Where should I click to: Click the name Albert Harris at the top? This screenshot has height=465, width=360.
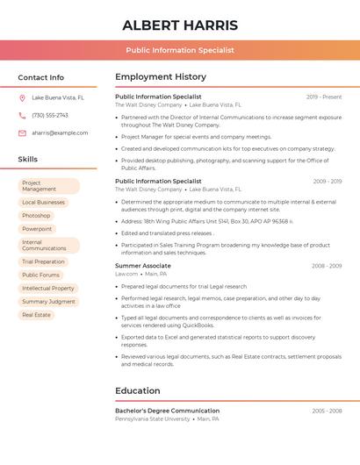pos(180,25)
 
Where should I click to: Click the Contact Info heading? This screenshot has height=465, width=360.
pos(40,77)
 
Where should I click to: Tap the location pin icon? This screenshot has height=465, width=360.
pos(22,98)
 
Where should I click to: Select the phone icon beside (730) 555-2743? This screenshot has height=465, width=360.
pos(22,115)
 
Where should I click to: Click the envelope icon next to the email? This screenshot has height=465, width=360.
pos(22,133)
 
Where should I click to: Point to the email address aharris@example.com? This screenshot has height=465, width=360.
pos(60,133)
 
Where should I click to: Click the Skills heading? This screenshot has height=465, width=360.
pos(28,160)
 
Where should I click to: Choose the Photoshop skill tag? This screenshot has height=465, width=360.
pos(36,215)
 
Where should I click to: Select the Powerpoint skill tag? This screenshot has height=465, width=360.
pos(37,229)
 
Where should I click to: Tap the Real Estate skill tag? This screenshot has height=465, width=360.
pos(36,315)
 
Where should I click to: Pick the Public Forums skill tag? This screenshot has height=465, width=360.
pos(40,275)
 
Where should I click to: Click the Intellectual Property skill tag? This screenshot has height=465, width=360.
pos(47,288)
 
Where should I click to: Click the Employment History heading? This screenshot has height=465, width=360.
pos(161,77)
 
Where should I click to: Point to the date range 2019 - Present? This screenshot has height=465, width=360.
pos(324,97)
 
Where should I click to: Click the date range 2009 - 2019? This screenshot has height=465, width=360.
pos(328,182)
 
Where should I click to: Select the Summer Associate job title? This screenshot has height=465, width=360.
pos(143,266)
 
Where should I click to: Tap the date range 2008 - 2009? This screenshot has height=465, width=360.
pos(327,266)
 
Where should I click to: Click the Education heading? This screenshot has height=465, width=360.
pos(138,390)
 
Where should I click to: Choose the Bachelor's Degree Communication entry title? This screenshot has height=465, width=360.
pos(167,411)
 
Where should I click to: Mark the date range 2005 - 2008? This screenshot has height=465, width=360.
pos(327,411)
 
